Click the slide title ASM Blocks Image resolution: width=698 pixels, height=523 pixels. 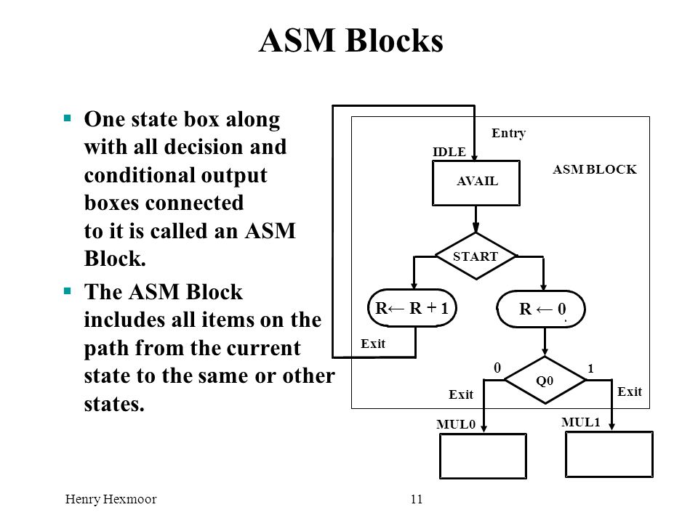pyautogui.click(x=350, y=41)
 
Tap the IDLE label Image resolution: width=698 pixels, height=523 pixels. pyautogui.click(x=449, y=152)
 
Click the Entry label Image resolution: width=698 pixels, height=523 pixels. pyautogui.click(x=508, y=133)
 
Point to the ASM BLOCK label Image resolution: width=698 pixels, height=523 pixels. pyautogui.click(x=595, y=169)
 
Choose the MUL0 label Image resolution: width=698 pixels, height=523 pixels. pyautogui.click(x=456, y=424)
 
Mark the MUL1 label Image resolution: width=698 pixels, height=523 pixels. pyautogui.click(x=581, y=422)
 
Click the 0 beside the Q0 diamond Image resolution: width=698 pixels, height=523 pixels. pyautogui.click(x=497, y=368)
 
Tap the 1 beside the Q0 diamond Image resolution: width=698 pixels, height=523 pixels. pyautogui.click(x=590, y=369)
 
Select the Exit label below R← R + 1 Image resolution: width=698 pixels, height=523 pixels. pyautogui.click(x=372, y=344)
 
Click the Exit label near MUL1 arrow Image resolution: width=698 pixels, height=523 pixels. pyautogui.click(x=630, y=392)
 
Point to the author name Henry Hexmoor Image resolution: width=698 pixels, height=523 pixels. pyautogui.click(x=111, y=499)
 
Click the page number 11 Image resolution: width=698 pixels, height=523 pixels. pyautogui.click(x=417, y=499)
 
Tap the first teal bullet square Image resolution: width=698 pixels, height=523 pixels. pyautogui.click(x=68, y=118)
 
